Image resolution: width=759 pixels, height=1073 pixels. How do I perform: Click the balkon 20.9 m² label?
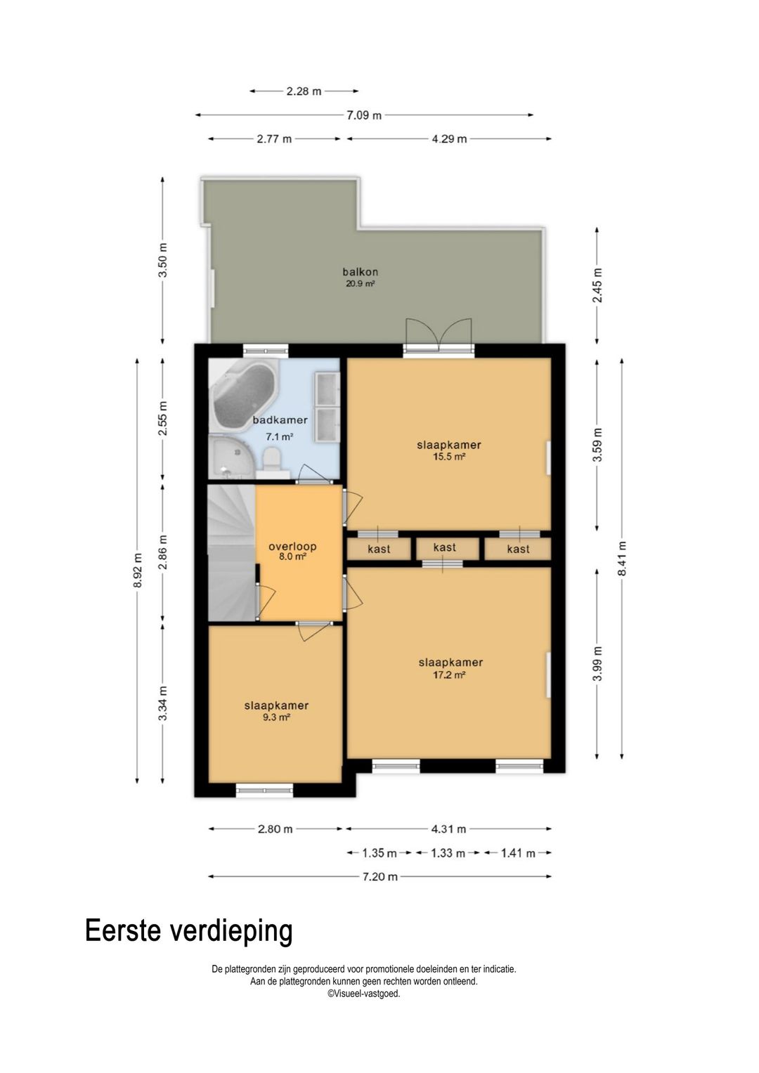pos(360,278)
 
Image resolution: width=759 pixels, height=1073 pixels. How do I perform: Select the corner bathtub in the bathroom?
pos(242,395)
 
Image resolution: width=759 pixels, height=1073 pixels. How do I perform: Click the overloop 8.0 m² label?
pos(292,552)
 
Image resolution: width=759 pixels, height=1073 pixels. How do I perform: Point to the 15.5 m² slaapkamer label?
pos(449,450)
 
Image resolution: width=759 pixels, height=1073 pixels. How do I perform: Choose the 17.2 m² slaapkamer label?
pos(450,668)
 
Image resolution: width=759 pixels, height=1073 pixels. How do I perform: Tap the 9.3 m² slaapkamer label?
pos(276,711)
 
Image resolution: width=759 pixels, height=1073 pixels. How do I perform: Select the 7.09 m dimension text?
pos(364,115)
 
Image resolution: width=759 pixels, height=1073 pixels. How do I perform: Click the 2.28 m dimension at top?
pos(304,91)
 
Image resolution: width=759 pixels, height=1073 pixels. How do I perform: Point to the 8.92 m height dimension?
pos(138,570)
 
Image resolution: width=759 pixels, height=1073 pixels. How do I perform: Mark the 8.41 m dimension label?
pos(622,559)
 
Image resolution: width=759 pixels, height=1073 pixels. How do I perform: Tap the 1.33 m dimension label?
pos(447,853)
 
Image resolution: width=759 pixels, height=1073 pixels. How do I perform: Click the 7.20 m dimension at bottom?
pos(379,877)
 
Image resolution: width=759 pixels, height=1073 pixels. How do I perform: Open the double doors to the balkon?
pos(438,338)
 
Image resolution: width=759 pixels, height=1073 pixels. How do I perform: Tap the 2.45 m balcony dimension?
pos(597,285)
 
